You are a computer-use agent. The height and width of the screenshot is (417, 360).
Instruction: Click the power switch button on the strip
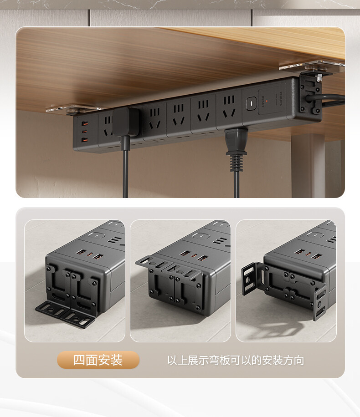250,103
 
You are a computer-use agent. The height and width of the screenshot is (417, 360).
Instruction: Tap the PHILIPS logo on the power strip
282,100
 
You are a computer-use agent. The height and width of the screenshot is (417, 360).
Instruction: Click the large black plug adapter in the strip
125,122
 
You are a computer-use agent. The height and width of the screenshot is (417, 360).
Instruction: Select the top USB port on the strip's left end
85,124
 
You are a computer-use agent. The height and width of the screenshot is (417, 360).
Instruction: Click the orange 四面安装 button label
98,360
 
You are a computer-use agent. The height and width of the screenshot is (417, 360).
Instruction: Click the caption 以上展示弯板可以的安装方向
235,361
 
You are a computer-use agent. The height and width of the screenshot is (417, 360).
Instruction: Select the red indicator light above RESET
267,97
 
